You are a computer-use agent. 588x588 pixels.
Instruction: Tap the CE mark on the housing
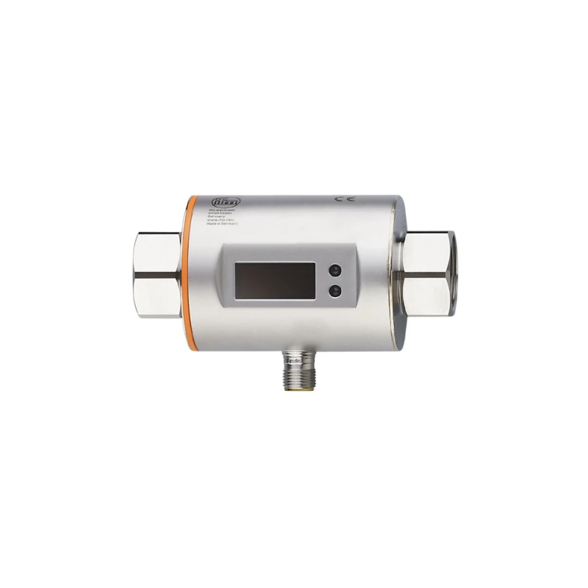pyautogui.click(x=342, y=199)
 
